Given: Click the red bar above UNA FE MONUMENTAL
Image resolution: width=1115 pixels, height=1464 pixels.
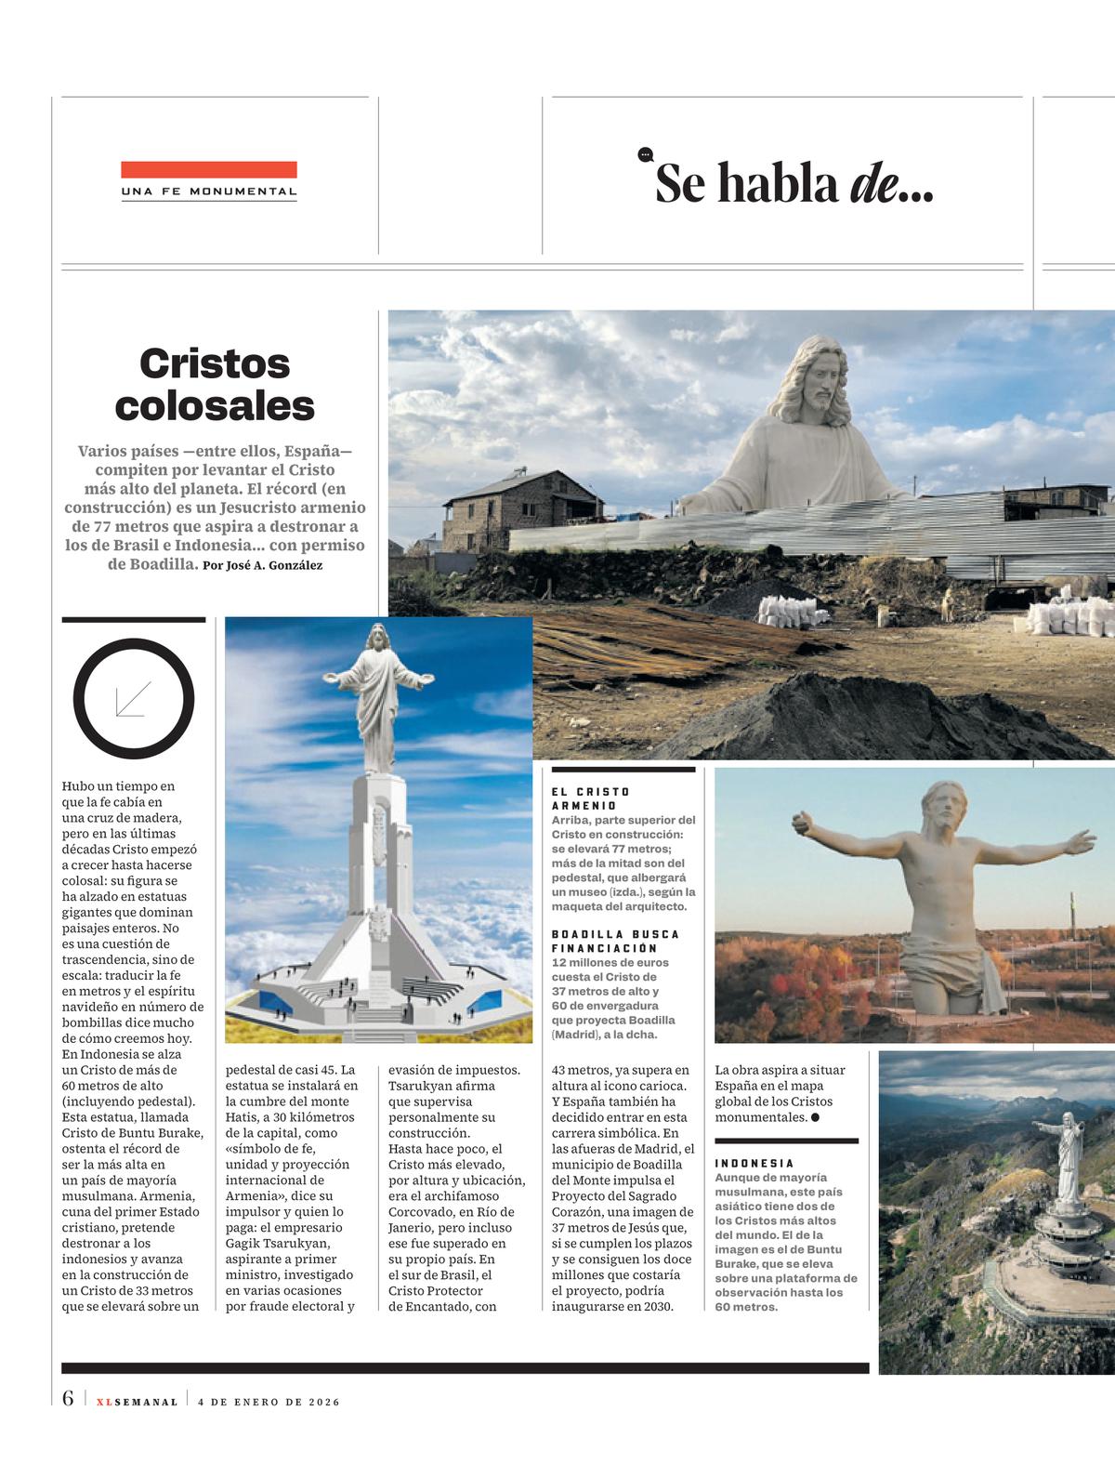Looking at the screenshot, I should coord(208,169).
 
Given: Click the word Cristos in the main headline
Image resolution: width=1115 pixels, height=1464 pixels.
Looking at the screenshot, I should coord(215,363).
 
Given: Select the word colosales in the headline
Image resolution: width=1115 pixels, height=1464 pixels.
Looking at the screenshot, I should coord(215,405).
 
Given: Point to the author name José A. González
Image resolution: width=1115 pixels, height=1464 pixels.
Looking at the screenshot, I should coord(274,565).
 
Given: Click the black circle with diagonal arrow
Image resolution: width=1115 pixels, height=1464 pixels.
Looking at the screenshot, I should coord(134,697).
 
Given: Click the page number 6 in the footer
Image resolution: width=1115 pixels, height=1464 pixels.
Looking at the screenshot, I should coord(68,1399).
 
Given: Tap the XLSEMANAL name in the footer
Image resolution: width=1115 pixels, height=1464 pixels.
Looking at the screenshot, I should coord(137,1402).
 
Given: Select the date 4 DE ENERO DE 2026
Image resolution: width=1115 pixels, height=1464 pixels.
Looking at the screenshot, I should coord(269,1402).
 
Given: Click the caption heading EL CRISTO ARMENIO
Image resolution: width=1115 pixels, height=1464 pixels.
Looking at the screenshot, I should coord(591,798).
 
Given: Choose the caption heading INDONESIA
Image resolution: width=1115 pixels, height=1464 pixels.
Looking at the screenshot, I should coord(754,1163).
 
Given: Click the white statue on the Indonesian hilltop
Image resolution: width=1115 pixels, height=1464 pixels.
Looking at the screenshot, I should coord(1067,1158).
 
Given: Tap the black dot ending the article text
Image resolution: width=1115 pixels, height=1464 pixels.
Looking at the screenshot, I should coord(815,1116).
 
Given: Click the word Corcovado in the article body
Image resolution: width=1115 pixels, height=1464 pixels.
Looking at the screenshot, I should coord(418,1211).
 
